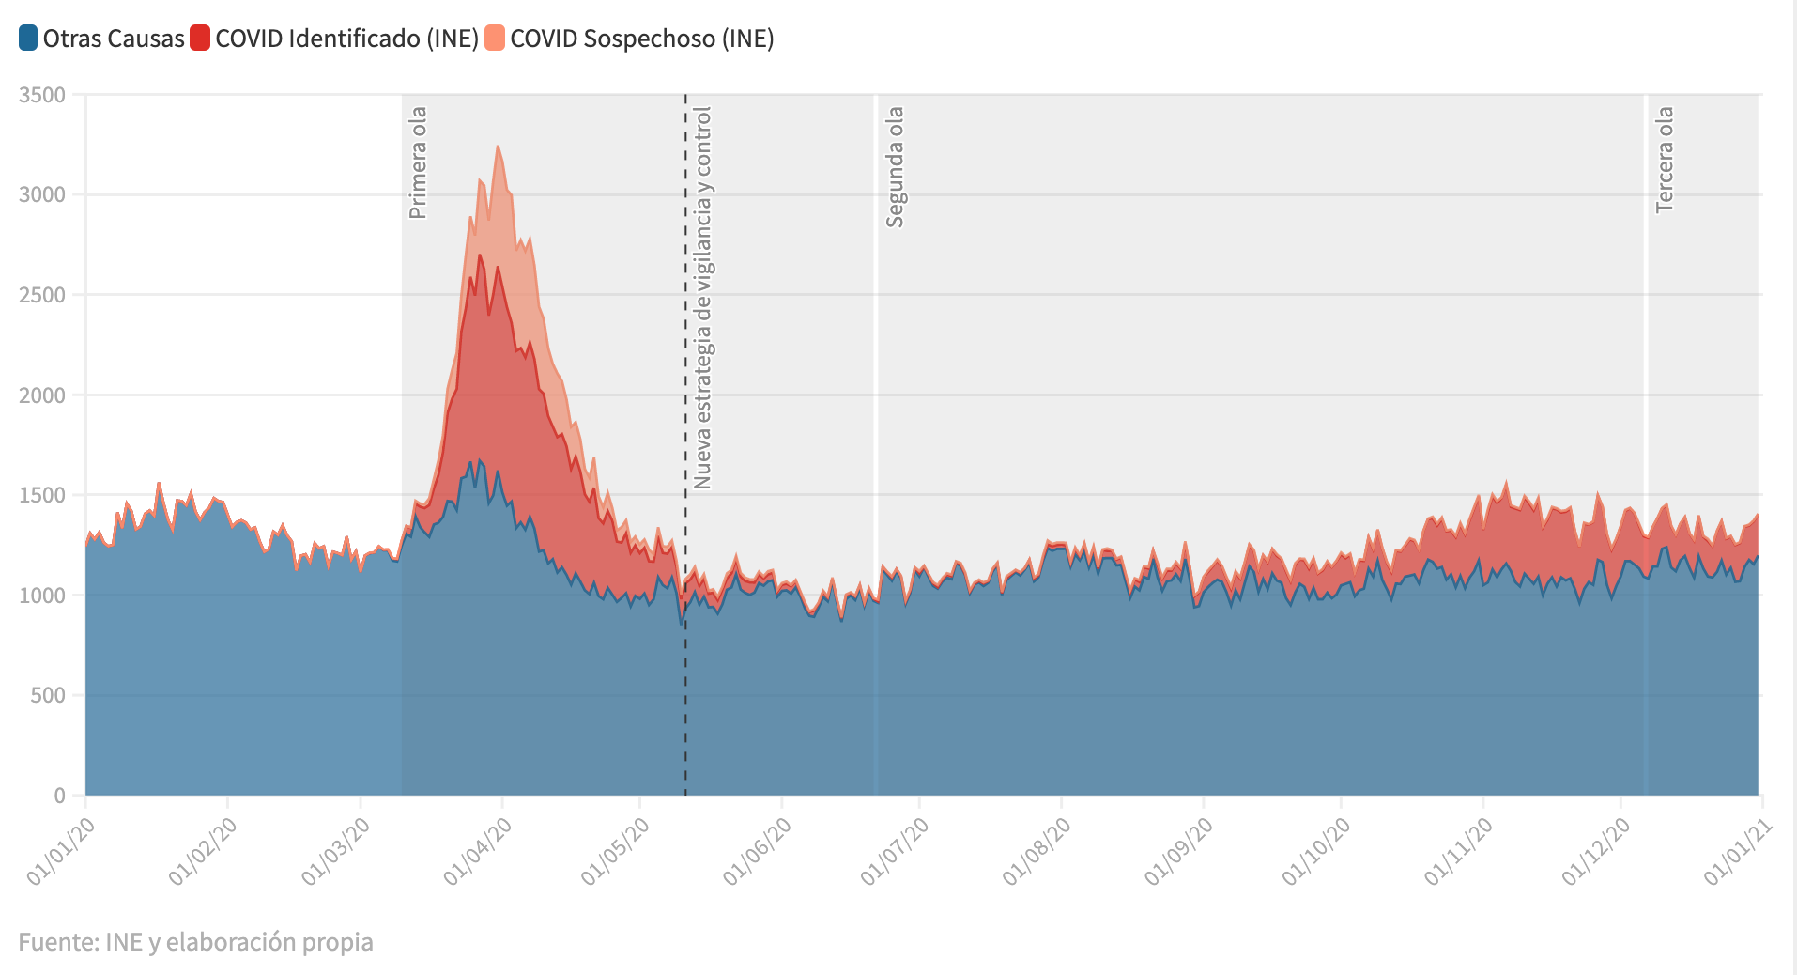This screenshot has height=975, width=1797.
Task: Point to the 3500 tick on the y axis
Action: (42, 95)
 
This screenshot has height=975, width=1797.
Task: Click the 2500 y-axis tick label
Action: (42, 295)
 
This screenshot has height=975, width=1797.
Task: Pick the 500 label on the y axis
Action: (49, 695)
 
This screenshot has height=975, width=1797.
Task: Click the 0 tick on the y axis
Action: (59, 796)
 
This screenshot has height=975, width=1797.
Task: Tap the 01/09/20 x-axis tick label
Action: (1179, 851)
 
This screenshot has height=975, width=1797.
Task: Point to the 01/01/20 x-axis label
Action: (62, 851)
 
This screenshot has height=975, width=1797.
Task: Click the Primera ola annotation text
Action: (418, 162)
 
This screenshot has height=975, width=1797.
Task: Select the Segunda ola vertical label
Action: (895, 166)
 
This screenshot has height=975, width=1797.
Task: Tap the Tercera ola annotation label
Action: (1665, 159)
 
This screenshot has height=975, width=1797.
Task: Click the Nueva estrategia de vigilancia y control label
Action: (702, 298)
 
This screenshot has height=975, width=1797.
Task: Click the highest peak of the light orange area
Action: (498, 147)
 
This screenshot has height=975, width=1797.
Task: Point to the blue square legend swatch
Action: (28, 39)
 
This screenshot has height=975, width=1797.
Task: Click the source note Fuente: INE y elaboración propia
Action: (195, 941)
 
